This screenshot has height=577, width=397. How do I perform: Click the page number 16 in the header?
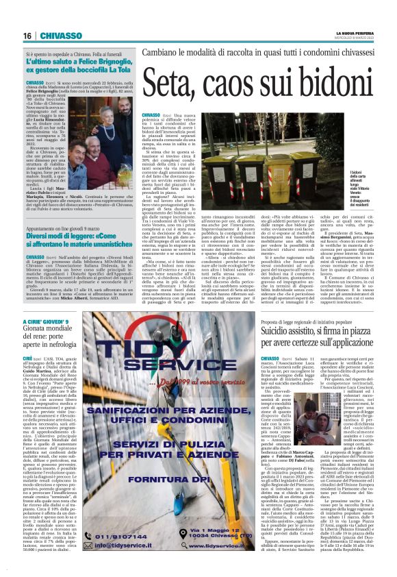29,36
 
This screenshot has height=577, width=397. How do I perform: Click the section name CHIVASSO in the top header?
65,36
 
